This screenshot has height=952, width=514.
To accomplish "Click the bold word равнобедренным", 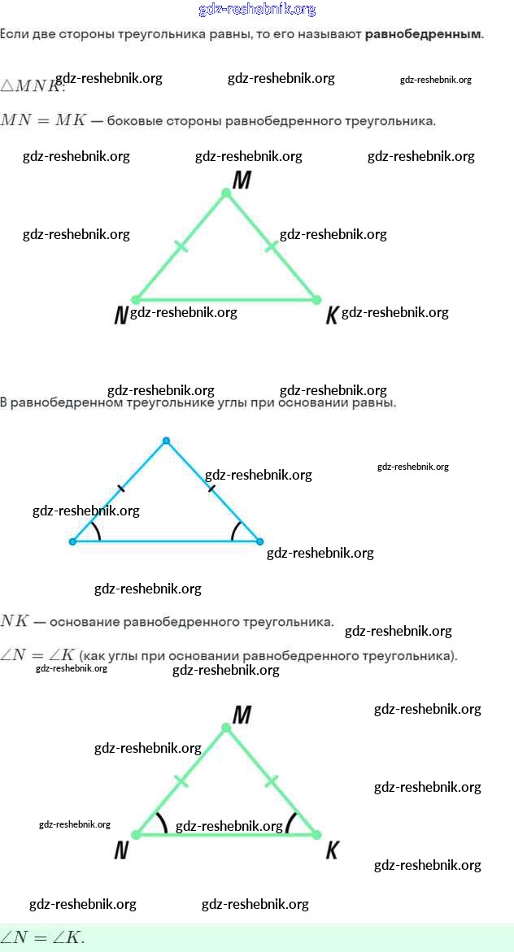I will [x=423, y=35].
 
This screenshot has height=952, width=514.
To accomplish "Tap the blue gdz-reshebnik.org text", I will [x=257, y=10].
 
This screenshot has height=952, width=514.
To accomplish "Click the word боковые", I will [x=133, y=121].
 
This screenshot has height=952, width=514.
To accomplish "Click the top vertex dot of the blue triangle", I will [x=166, y=441].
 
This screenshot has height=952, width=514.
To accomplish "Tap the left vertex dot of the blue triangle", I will [x=72, y=541].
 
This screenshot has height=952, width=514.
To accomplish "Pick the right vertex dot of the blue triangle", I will [x=259, y=541].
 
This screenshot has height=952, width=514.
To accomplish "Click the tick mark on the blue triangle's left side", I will [x=121, y=489].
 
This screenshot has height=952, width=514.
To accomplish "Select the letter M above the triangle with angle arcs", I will [x=242, y=715].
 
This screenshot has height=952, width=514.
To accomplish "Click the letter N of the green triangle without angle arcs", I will [x=121, y=316].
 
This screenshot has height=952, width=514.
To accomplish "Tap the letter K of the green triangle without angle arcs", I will [x=331, y=316].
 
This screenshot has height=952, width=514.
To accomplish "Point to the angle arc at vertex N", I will [x=162, y=822].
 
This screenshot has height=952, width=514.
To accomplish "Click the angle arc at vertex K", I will [x=290, y=822].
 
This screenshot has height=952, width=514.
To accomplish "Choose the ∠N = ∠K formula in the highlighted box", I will [x=42, y=937].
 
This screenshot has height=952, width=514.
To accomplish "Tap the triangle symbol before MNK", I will [x=8, y=85].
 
